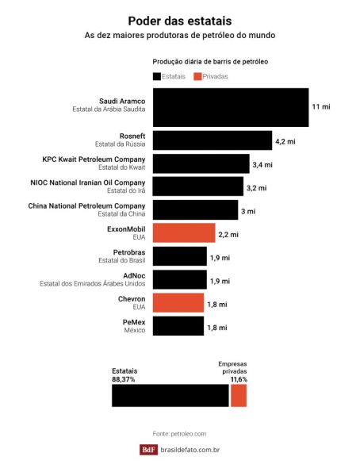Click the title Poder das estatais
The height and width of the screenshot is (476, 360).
[180, 21]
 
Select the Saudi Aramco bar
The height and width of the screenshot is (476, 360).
[231, 107]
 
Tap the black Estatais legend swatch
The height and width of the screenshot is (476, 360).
[157, 76]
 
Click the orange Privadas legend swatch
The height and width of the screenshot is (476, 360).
[197, 76]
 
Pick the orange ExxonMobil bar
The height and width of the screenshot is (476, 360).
[184, 232]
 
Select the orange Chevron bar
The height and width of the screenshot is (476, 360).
[178, 303]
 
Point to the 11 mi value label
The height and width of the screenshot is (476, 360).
[321, 106]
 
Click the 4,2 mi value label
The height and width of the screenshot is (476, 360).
[285, 141]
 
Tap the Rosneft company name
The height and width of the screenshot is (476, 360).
[132, 136]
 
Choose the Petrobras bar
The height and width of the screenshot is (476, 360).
[180, 256]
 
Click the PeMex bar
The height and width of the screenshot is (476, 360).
[178, 326]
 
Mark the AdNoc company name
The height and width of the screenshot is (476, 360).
[134, 275]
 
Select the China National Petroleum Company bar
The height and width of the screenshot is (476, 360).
[195, 209]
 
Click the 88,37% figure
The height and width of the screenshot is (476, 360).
[124, 379]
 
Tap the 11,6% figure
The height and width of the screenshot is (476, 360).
[239, 379]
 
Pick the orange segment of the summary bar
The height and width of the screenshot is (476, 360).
[239, 396]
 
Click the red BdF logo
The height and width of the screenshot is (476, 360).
[149, 450]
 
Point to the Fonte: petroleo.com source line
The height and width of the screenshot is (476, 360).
[179, 434]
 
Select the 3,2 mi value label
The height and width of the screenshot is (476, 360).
[256, 188]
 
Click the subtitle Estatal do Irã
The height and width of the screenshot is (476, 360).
[126, 190]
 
